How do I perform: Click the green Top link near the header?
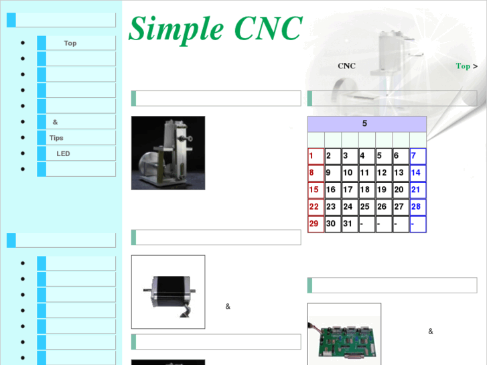click(x=463, y=66)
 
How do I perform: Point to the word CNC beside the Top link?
click(x=346, y=66)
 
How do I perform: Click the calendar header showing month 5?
click(x=366, y=124)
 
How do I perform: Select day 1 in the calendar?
click(x=316, y=156)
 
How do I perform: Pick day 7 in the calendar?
click(x=417, y=156)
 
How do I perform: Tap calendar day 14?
click(x=417, y=173)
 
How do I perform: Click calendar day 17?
click(x=349, y=190)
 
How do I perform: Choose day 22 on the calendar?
click(x=316, y=207)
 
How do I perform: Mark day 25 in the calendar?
click(x=366, y=207)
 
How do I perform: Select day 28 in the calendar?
click(x=417, y=207)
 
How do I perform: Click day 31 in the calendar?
click(x=349, y=224)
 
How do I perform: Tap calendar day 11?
click(x=366, y=173)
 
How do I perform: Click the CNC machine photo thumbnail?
click(x=168, y=153)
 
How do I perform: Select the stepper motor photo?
click(x=168, y=291)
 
